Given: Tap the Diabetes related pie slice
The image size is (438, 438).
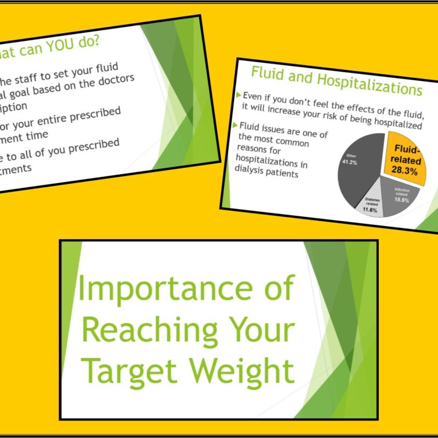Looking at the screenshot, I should point(372,205).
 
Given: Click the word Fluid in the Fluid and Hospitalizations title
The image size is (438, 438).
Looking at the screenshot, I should point(268,74).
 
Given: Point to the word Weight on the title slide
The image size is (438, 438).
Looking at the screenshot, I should point(243,370).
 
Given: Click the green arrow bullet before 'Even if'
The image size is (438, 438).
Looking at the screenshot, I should point(239,95).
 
